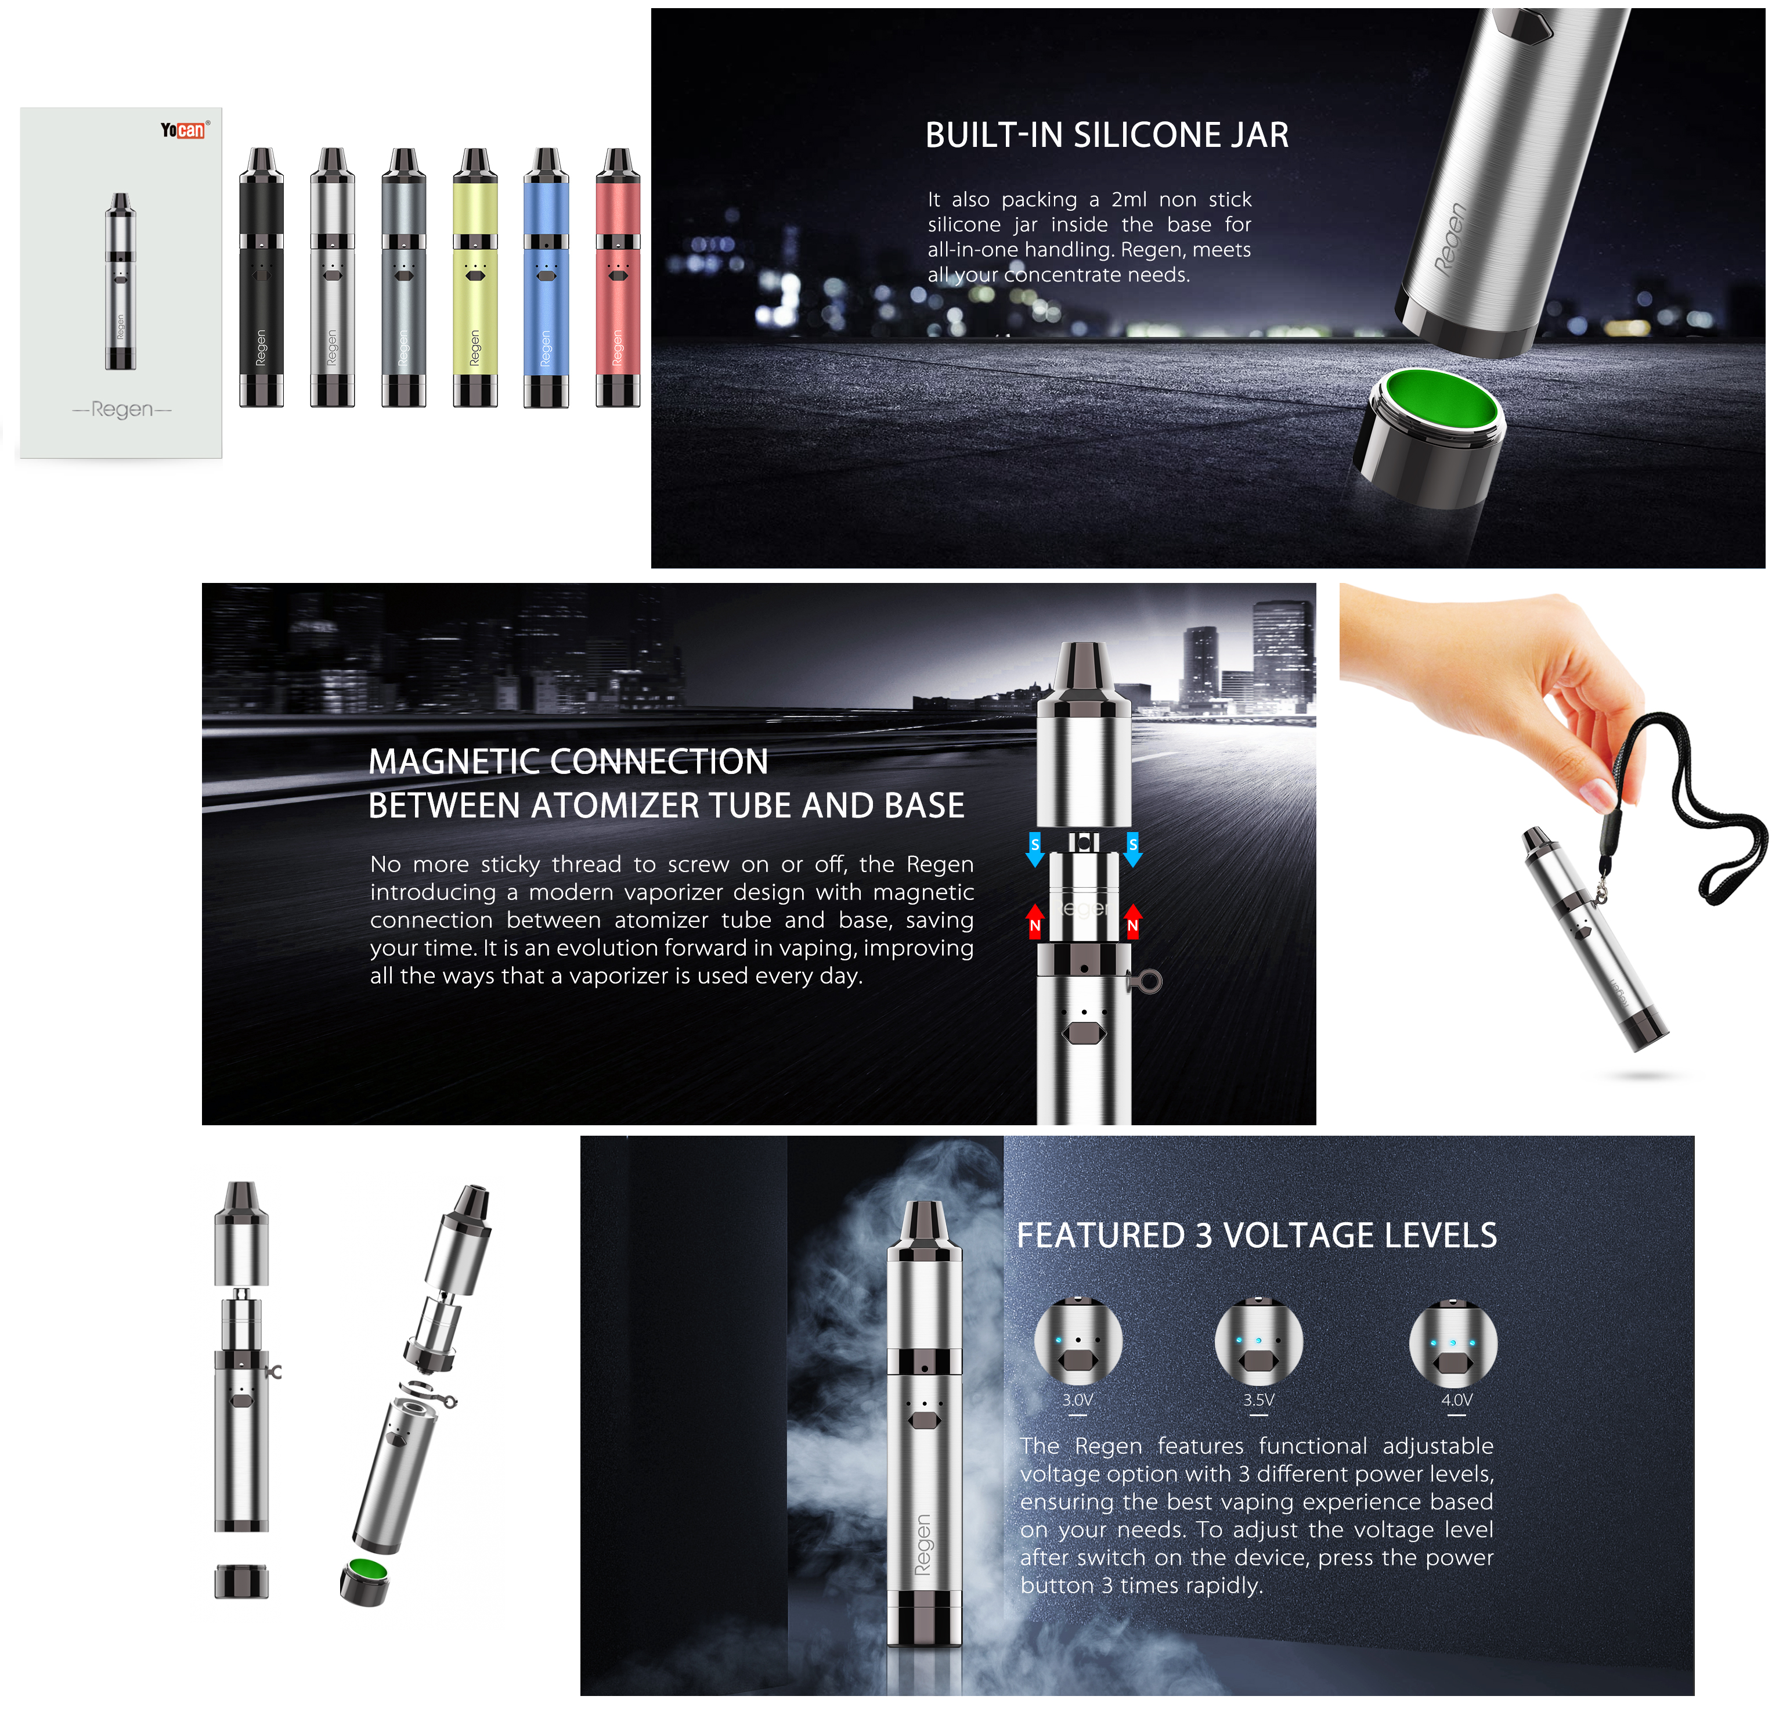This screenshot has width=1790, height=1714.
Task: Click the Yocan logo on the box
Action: [x=183, y=129]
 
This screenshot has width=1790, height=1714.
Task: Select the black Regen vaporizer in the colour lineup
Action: [x=261, y=277]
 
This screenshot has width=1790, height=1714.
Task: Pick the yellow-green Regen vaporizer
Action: [x=475, y=277]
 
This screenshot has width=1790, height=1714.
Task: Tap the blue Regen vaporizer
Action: [x=546, y=277]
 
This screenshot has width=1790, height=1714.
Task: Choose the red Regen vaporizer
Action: [x=618, y=277]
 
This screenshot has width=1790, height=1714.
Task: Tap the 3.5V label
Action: [x=1258, y=1400]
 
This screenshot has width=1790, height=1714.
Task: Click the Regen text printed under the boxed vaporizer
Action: [x=121, y=409]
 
